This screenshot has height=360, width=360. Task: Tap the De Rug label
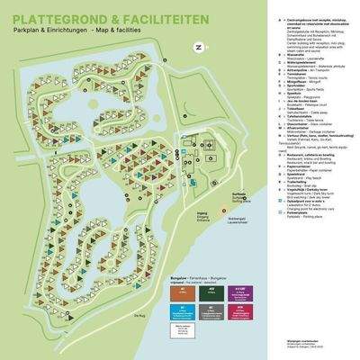[111, 315]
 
